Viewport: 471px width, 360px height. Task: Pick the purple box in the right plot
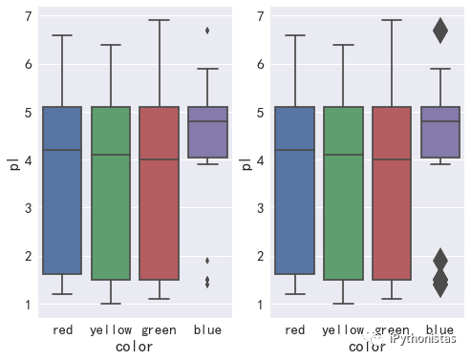pos(439,132)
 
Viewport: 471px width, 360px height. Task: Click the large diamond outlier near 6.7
pos(439,31)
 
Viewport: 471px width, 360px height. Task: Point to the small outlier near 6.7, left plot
pos(207,31)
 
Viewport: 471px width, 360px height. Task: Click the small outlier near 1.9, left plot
pos(207,260)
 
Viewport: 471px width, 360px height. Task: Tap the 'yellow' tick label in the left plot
pos(110,329)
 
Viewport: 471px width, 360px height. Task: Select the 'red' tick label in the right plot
pos(295,329)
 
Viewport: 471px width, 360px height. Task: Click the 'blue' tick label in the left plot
pos(207,329)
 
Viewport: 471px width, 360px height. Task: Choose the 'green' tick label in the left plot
pos(160,329)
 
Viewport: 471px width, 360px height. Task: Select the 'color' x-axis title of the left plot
pos(135,348)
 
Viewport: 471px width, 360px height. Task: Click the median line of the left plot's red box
pos(62,150)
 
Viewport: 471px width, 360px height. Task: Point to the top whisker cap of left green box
pos(160,20)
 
